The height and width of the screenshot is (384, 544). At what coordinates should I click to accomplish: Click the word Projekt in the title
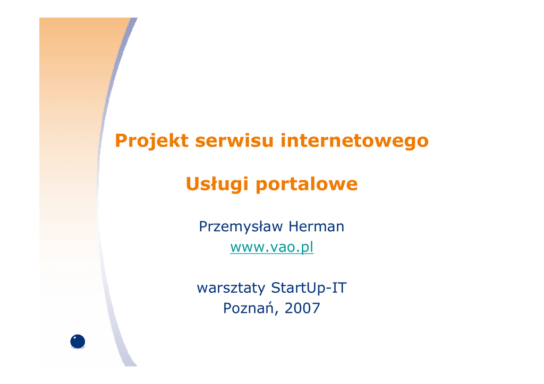pyautogui.click(x=151, y=141)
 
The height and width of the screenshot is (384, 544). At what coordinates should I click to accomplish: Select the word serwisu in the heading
pyautogui.click(x=234, y=141)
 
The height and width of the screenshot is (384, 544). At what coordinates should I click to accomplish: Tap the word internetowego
pyautogui.click(x=354, y=141)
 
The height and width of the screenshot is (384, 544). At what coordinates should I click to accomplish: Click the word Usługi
pyautogui.click(x=217, y=184)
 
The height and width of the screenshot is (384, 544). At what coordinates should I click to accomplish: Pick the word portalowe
pyautogui.click(x=307, y=184)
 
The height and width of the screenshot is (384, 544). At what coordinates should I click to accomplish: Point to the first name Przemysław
pyautogui.click(x=241, y=227)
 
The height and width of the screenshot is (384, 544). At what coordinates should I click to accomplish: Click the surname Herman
pyautogui.click(x=317, y=226)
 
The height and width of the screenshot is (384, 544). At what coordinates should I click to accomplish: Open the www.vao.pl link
pyautogui.click(x=271, y=247)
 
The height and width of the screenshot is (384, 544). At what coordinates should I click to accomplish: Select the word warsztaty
pyautogui.click(x=231, y=288)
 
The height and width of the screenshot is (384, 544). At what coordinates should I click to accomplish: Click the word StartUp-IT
pyautogui.click(x=309, y=288)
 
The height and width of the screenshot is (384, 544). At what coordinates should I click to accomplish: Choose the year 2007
pyautogui.click(x=302, y=308)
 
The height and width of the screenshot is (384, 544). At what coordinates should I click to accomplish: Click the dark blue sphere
pyautogui.click(x=78, y=342)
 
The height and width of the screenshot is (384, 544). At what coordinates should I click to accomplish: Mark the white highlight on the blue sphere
pyautogui.click(x=74, y=338)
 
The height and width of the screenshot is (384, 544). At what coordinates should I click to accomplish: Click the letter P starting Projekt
pyautogui.click(x=121, y=141)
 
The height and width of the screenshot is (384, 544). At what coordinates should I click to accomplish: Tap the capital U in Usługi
pyautogui.click(x=193, y=184)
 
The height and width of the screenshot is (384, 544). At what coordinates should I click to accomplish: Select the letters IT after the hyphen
pyautogui.click(x=339, y=288)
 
